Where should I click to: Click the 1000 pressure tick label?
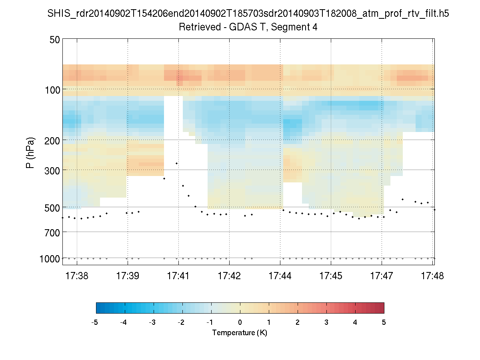(50, 259)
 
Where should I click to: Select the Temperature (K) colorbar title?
(240, 333)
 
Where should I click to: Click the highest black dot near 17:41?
(176, 164)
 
